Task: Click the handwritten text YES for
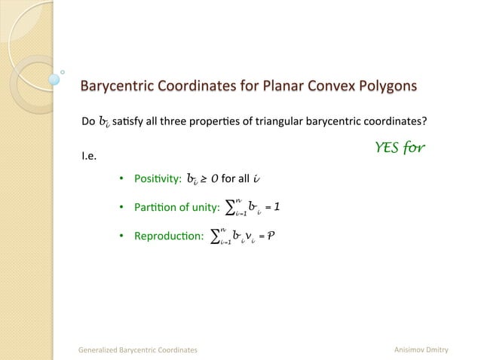(x=400, y=147)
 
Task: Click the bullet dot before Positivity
(x=121, y=178)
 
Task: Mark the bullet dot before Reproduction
(x=121, y=236)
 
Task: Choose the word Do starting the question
(x=87, y=121)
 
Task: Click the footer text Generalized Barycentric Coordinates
(x=139, y=349)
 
